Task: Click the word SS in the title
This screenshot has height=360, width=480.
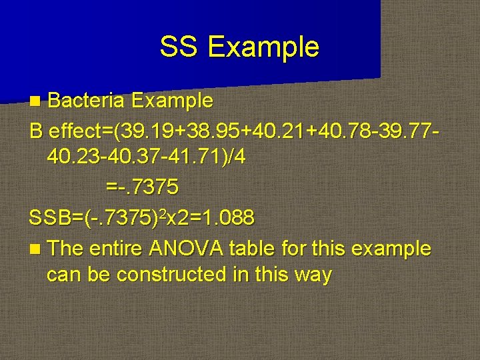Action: click(x=179, y=47)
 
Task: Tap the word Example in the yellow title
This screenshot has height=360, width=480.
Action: click(x=263, y=47)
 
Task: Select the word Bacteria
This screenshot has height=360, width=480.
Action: click(x=86, y=101)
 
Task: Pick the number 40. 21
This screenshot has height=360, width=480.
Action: click(x=287, y=129)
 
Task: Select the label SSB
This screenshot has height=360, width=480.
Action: click(x=51, y=217)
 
